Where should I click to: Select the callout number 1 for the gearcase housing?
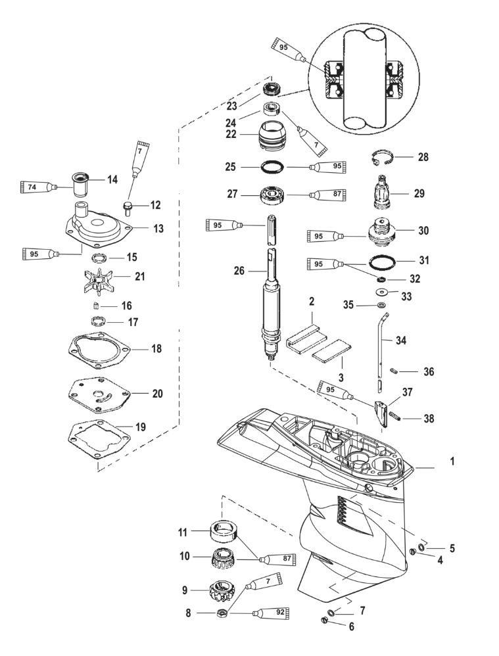tap(452, 463)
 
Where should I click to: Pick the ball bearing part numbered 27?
tap(271, 195)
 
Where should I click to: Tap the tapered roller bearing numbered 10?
tap(222, 559)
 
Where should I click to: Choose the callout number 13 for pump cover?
tap(158, 229)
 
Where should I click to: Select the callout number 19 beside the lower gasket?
tap(140, 427)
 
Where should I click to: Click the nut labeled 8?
tap(222, 613)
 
